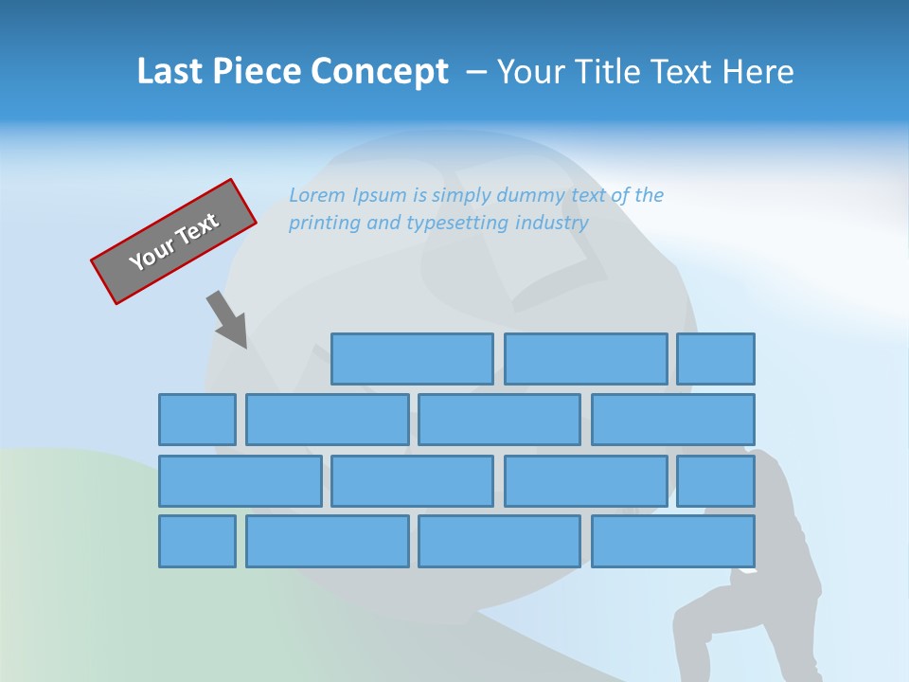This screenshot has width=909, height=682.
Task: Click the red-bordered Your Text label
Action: (x=173, y=242)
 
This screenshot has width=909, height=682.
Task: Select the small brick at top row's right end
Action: (x=715, y=359)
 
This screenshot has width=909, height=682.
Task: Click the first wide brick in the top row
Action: (x=412, y=359)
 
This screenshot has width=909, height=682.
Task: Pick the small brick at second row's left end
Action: (x=197, y=420)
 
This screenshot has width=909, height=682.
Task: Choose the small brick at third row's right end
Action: (x=715, y=480)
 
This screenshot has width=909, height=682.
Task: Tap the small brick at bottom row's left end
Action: (x=197, y=541)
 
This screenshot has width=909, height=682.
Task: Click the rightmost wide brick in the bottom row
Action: (x=672, y=541)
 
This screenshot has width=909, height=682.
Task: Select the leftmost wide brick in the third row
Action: (x=240, y=480)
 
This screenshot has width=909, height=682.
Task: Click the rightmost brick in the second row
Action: (x=672, y=420)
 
